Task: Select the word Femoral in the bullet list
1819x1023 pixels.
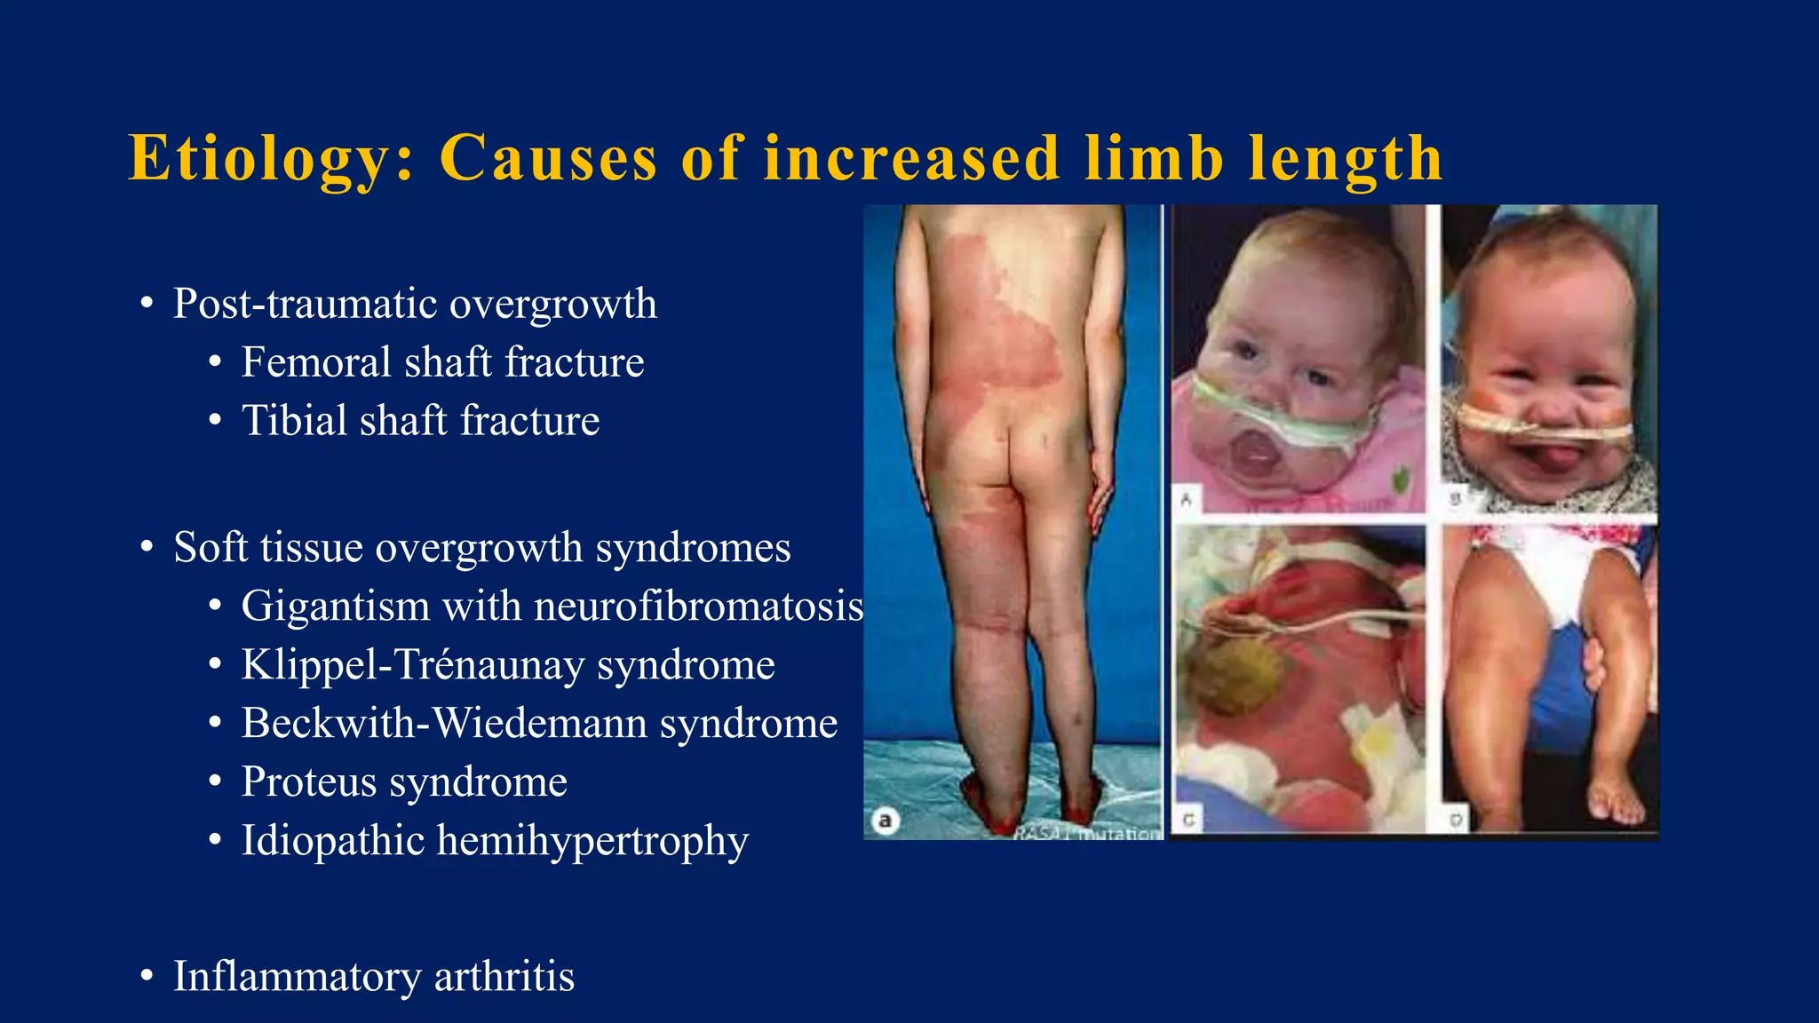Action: pyautogui.click(x=316, y=362)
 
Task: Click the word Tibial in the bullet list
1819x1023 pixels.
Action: pyautogui.click(x=297, y=421)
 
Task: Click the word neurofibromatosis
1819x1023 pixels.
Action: pyautogui.click(x=698, y=607)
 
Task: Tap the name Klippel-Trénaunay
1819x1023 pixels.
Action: pyautogui.click(x=411, y=665)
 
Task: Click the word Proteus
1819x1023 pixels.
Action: pyautogui.click(x=309, y=782)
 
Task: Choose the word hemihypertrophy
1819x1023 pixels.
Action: pyautogui.click(x=592, y=841)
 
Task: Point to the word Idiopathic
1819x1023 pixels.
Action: pyautogui.click(x=332, y=841)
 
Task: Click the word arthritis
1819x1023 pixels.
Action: pyautogui.click(x=504, y=976)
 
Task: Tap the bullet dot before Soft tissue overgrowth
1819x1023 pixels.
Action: pyautogui.click(x=147, y=548)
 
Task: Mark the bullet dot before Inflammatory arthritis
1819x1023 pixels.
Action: pyautogui.click(x=147, y=977)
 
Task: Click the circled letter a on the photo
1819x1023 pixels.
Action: pyautogui.click(x=885, y=821)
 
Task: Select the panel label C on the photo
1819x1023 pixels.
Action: pyautogui.click(x=1188, y=821)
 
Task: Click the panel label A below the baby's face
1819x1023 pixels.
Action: pyautogui.click(x=1187, y=500)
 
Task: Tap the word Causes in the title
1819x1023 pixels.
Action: pyautogui.click(x=548, y=159)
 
